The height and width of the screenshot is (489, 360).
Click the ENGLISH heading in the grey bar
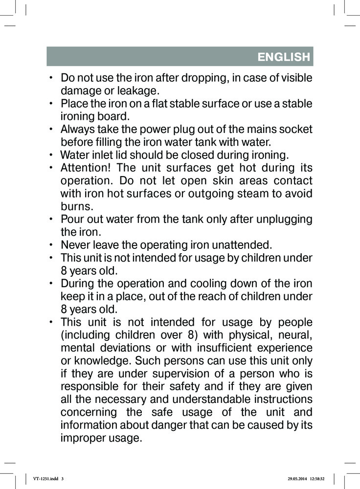[x=284, y=57]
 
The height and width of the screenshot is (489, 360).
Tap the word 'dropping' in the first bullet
[x=201, y=79]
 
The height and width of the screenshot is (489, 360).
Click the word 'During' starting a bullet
[x=77, y=284]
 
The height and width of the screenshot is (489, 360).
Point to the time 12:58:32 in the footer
[x=320, y=479]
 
